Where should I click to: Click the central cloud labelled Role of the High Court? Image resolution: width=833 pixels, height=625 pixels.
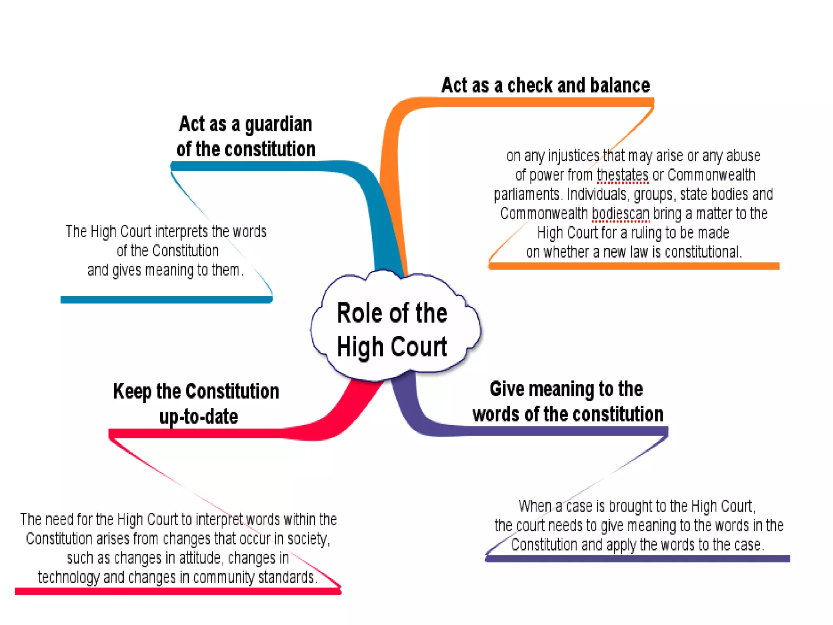tap(393, 330)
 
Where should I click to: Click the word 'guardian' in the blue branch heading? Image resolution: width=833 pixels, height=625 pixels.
tap(278, 124)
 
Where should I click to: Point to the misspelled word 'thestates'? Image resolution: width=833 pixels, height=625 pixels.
tap(622, 175)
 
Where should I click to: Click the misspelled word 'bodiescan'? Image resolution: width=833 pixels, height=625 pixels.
tap(620, 214)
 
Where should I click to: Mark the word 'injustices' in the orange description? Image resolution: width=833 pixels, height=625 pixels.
tap(574, 156)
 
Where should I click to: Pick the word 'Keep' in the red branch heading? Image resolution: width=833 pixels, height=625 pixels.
tap(132, 391)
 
